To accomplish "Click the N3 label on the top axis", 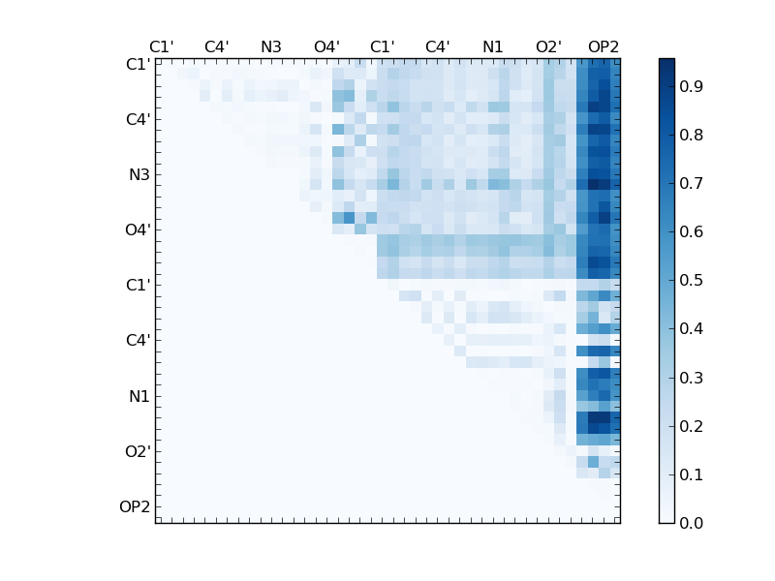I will pos(271,46).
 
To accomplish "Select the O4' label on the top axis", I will pos(326,46).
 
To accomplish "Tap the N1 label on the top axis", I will pos(493,46).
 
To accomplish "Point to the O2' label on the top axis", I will pos(548,46).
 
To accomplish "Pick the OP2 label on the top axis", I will pos(604,46).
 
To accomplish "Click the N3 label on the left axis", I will pos(139,175).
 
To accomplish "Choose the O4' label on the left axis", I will pos(137,230).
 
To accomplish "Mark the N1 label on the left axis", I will pos(139,396).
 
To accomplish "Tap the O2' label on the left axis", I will pos(137,451).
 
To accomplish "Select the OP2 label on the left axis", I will pos(135,506).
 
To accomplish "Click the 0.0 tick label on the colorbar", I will pos(691,523).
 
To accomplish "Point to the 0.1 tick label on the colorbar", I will pos(691,474).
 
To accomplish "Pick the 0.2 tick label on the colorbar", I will pos(691,426).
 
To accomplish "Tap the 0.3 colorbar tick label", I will pos(691,378).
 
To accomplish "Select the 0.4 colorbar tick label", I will pos(691,329).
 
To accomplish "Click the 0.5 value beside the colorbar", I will pos(691,281).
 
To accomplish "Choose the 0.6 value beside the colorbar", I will pos(691,232).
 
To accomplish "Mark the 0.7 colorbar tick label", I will pos(691,184).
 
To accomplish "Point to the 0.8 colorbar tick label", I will pos(691,136).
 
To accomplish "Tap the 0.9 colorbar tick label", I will pos(691,87).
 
